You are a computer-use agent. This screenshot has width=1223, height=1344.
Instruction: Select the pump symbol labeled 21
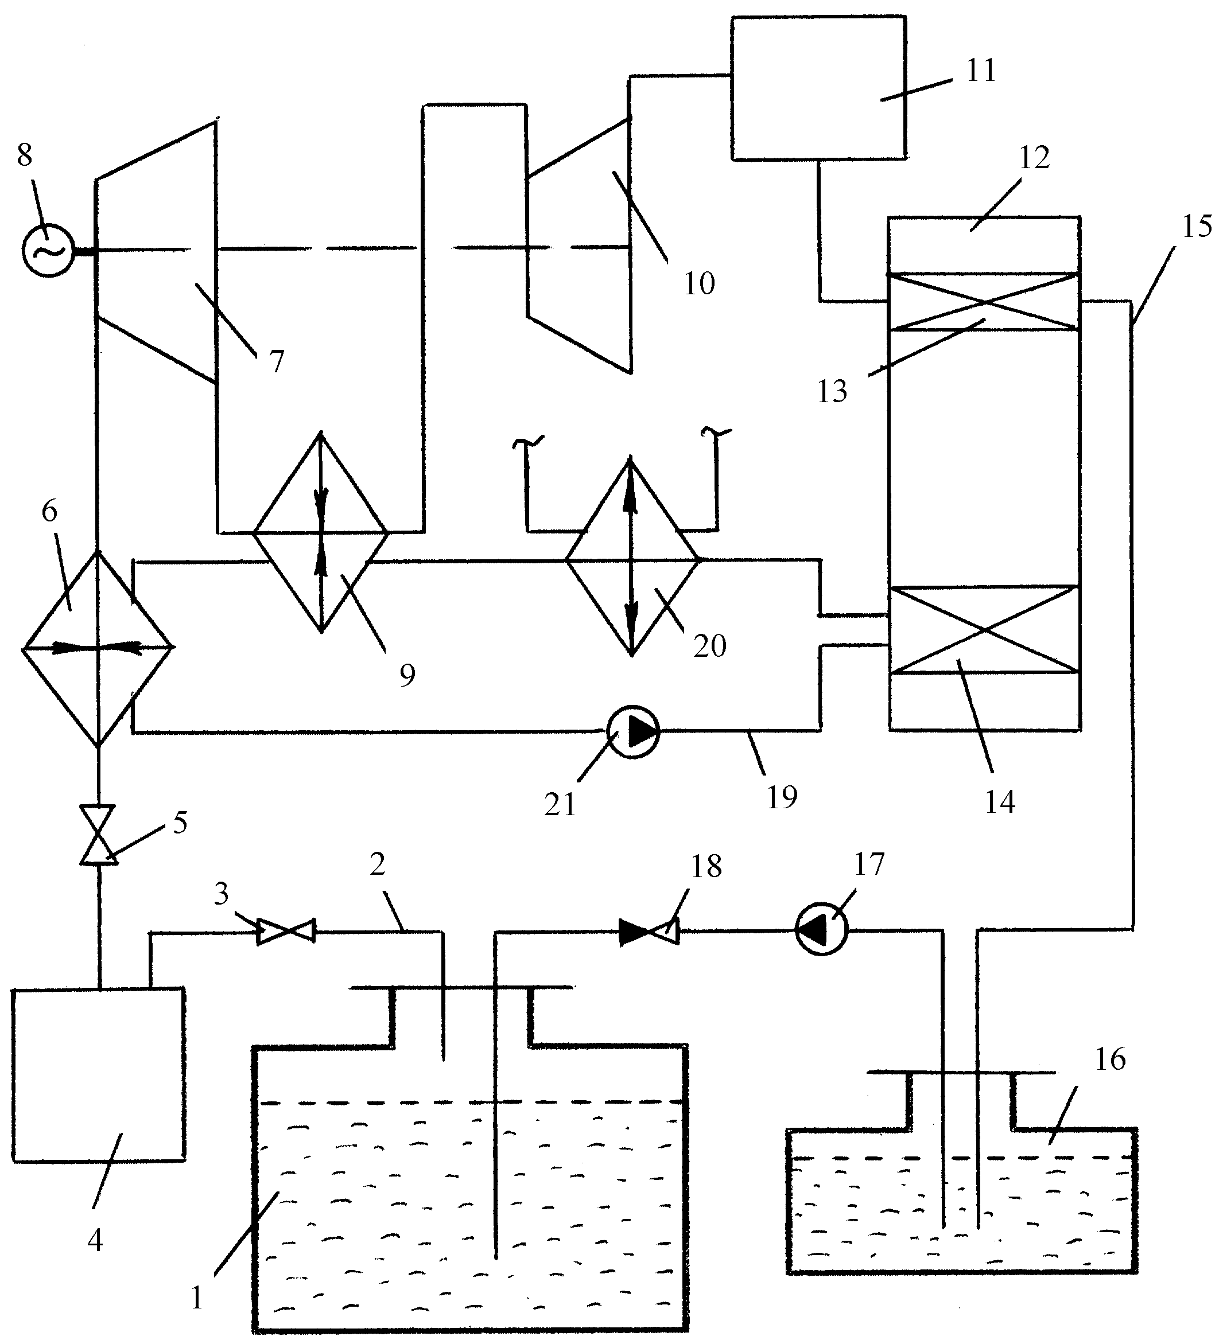point(633,731)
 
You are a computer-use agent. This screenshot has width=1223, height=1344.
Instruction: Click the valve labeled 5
point(98,835)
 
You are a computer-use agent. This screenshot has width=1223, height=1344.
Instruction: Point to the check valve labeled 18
point(649,932)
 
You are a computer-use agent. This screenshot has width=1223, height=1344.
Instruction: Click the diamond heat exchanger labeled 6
point(98,647)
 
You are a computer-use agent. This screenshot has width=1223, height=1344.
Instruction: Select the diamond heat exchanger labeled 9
point(321,533)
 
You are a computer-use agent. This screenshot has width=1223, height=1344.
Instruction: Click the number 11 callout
point(981,71)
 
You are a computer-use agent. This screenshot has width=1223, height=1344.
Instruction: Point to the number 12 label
point(1034,158)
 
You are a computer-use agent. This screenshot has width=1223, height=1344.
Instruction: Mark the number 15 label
point(1197,227)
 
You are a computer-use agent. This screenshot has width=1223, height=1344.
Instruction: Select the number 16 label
point(1109,1059)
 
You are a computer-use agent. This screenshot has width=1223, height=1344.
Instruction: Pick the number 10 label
point(699,283)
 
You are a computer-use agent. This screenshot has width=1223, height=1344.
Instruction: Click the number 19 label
point(782,797)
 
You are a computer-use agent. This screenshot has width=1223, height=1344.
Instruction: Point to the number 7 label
point(276,361)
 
